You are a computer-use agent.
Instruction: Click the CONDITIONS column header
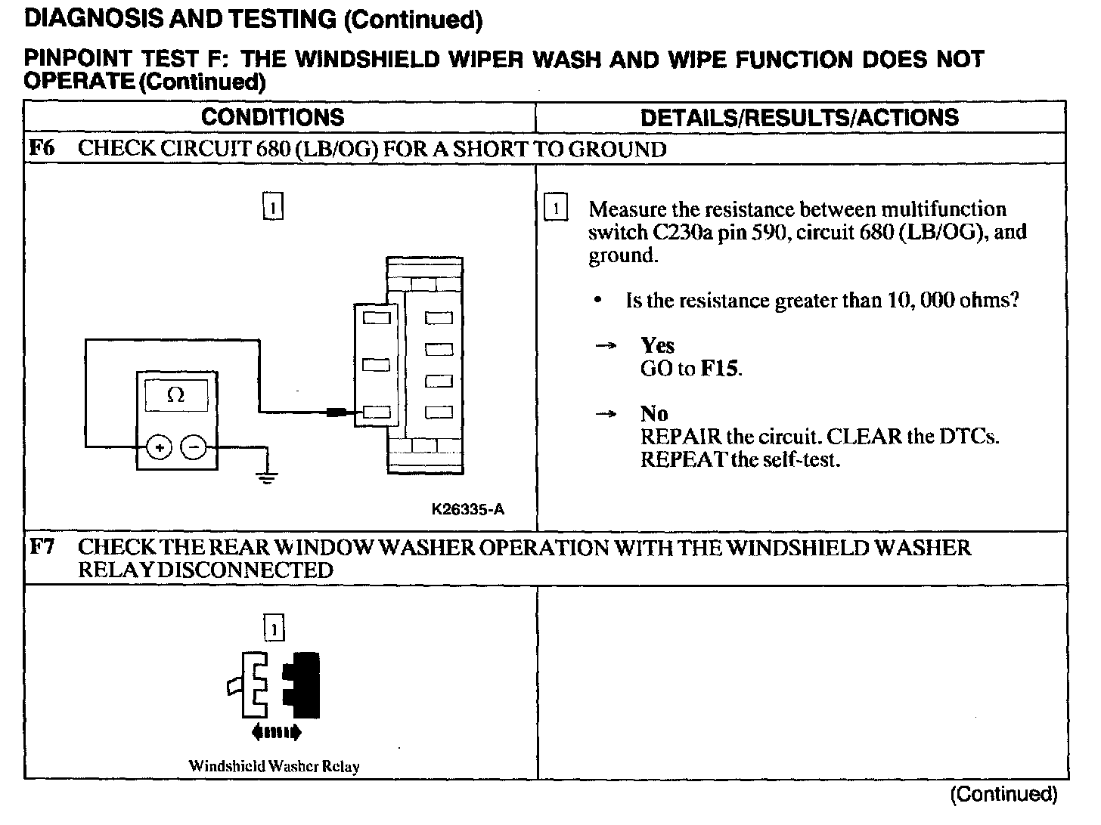point(272,117)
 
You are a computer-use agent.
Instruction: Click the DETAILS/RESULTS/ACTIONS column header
point(799,117)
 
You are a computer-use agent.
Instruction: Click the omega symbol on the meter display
point(175,395)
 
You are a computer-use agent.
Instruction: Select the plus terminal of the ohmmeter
point(159,447)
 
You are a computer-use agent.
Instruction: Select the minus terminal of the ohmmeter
point(195,447)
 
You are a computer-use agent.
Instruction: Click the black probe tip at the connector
point(337,412)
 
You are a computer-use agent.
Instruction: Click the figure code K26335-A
point(468,509)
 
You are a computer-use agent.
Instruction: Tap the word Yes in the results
point(657,346)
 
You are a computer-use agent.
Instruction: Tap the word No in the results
point(653,414)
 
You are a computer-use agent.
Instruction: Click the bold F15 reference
point(720,369)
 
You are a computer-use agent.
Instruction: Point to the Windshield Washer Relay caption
point(274,765)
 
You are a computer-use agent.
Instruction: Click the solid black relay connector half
point(302,685)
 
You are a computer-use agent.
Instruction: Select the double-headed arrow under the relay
point(276,731)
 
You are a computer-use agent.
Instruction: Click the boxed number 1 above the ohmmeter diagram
point(273,205)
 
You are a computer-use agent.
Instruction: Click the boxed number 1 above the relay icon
point(274,628)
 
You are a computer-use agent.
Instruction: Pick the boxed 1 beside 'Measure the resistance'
point(556,208)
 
